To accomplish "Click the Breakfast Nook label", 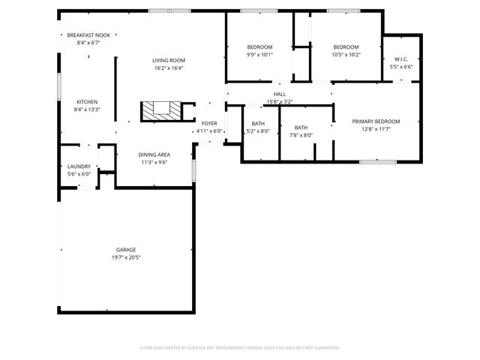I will coord(88,35).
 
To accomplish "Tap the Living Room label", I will coord(169,60).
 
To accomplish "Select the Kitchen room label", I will coord(87,102).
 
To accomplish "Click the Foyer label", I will coord(209,123).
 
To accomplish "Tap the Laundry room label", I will coord(79,166).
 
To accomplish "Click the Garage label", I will coord(126,250).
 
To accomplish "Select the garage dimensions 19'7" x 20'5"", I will coord(126,257).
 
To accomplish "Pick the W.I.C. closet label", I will coord(400,59).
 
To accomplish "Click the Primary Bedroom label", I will coord(376,121).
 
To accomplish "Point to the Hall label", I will coord(279,94).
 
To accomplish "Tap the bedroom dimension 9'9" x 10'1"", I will coord(259,54).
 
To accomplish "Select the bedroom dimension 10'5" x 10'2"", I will coord(346,54).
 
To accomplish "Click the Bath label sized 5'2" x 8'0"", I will coord(258,124).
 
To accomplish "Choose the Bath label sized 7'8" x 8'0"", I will coord(301,127).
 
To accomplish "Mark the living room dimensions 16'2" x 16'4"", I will coord(169,67).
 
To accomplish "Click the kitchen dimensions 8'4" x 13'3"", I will coord(87,109).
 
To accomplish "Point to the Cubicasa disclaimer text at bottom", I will coord(240,347).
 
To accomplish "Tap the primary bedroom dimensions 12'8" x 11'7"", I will coord(376,129).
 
